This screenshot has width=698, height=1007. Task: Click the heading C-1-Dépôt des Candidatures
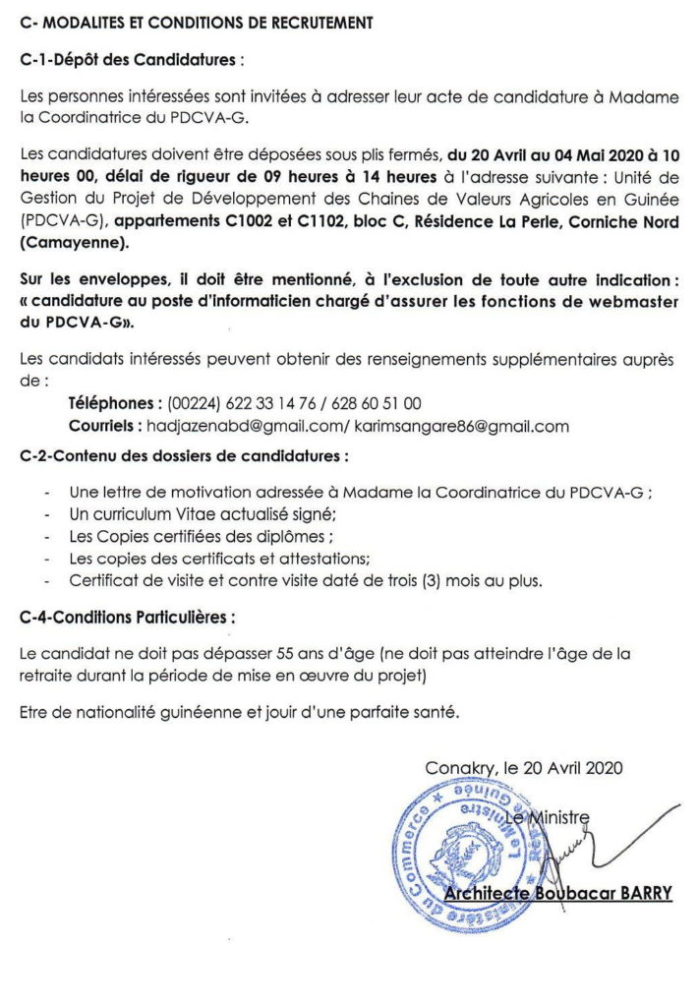click(130, 59)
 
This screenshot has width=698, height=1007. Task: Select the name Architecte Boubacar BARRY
click(558, 893)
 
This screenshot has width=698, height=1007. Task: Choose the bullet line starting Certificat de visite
click(305, 581)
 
